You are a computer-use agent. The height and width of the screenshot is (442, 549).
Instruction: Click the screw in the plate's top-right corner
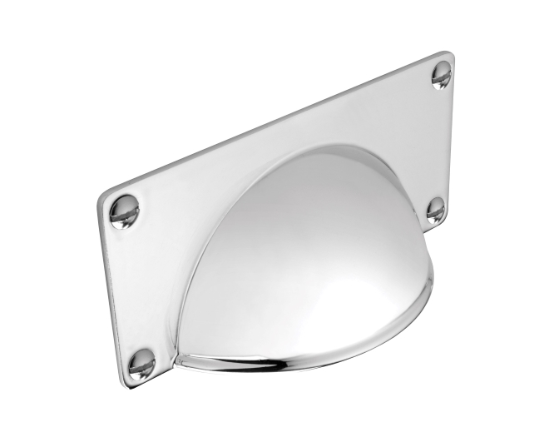coord(442,75)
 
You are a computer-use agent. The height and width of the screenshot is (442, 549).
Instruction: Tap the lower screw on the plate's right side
coord(436,210)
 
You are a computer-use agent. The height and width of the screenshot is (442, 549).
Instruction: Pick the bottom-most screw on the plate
coord(141,364)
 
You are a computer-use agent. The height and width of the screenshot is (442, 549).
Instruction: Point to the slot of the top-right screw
coord(442,75)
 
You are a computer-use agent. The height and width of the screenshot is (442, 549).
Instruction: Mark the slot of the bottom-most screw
coord(141,364)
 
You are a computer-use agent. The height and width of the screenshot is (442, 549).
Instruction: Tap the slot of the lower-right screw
coord(436,210)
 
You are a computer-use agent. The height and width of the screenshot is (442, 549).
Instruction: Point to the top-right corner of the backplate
coord(450,55)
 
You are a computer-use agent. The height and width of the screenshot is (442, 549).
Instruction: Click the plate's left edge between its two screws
coord(116,287)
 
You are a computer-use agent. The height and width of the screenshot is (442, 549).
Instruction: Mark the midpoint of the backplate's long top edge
coord(274,122)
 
